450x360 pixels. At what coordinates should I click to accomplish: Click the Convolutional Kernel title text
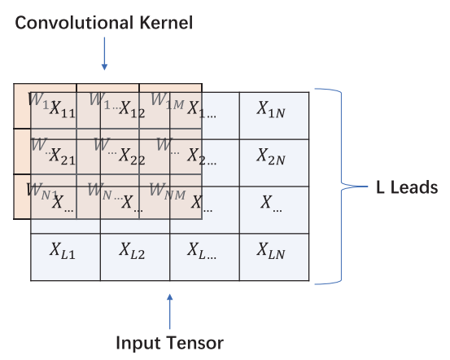coord(103,23)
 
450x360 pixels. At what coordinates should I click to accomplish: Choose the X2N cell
coord(274,155)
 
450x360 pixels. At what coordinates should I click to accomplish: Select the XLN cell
coord(274,250)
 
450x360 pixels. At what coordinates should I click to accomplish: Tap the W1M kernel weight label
coord(166,100)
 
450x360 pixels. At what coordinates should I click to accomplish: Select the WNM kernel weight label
coord(166,191)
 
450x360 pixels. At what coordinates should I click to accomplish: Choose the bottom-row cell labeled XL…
coord(203,250)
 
